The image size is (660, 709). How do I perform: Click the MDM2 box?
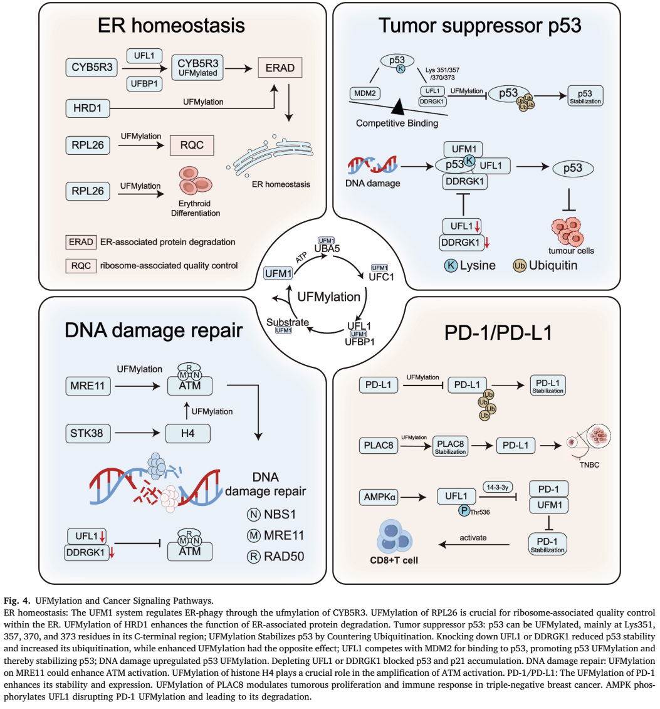(x=366, y=94)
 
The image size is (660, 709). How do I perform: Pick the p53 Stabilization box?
(x=586, y=95)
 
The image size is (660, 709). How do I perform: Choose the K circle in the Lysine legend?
(x=450, y=265)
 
